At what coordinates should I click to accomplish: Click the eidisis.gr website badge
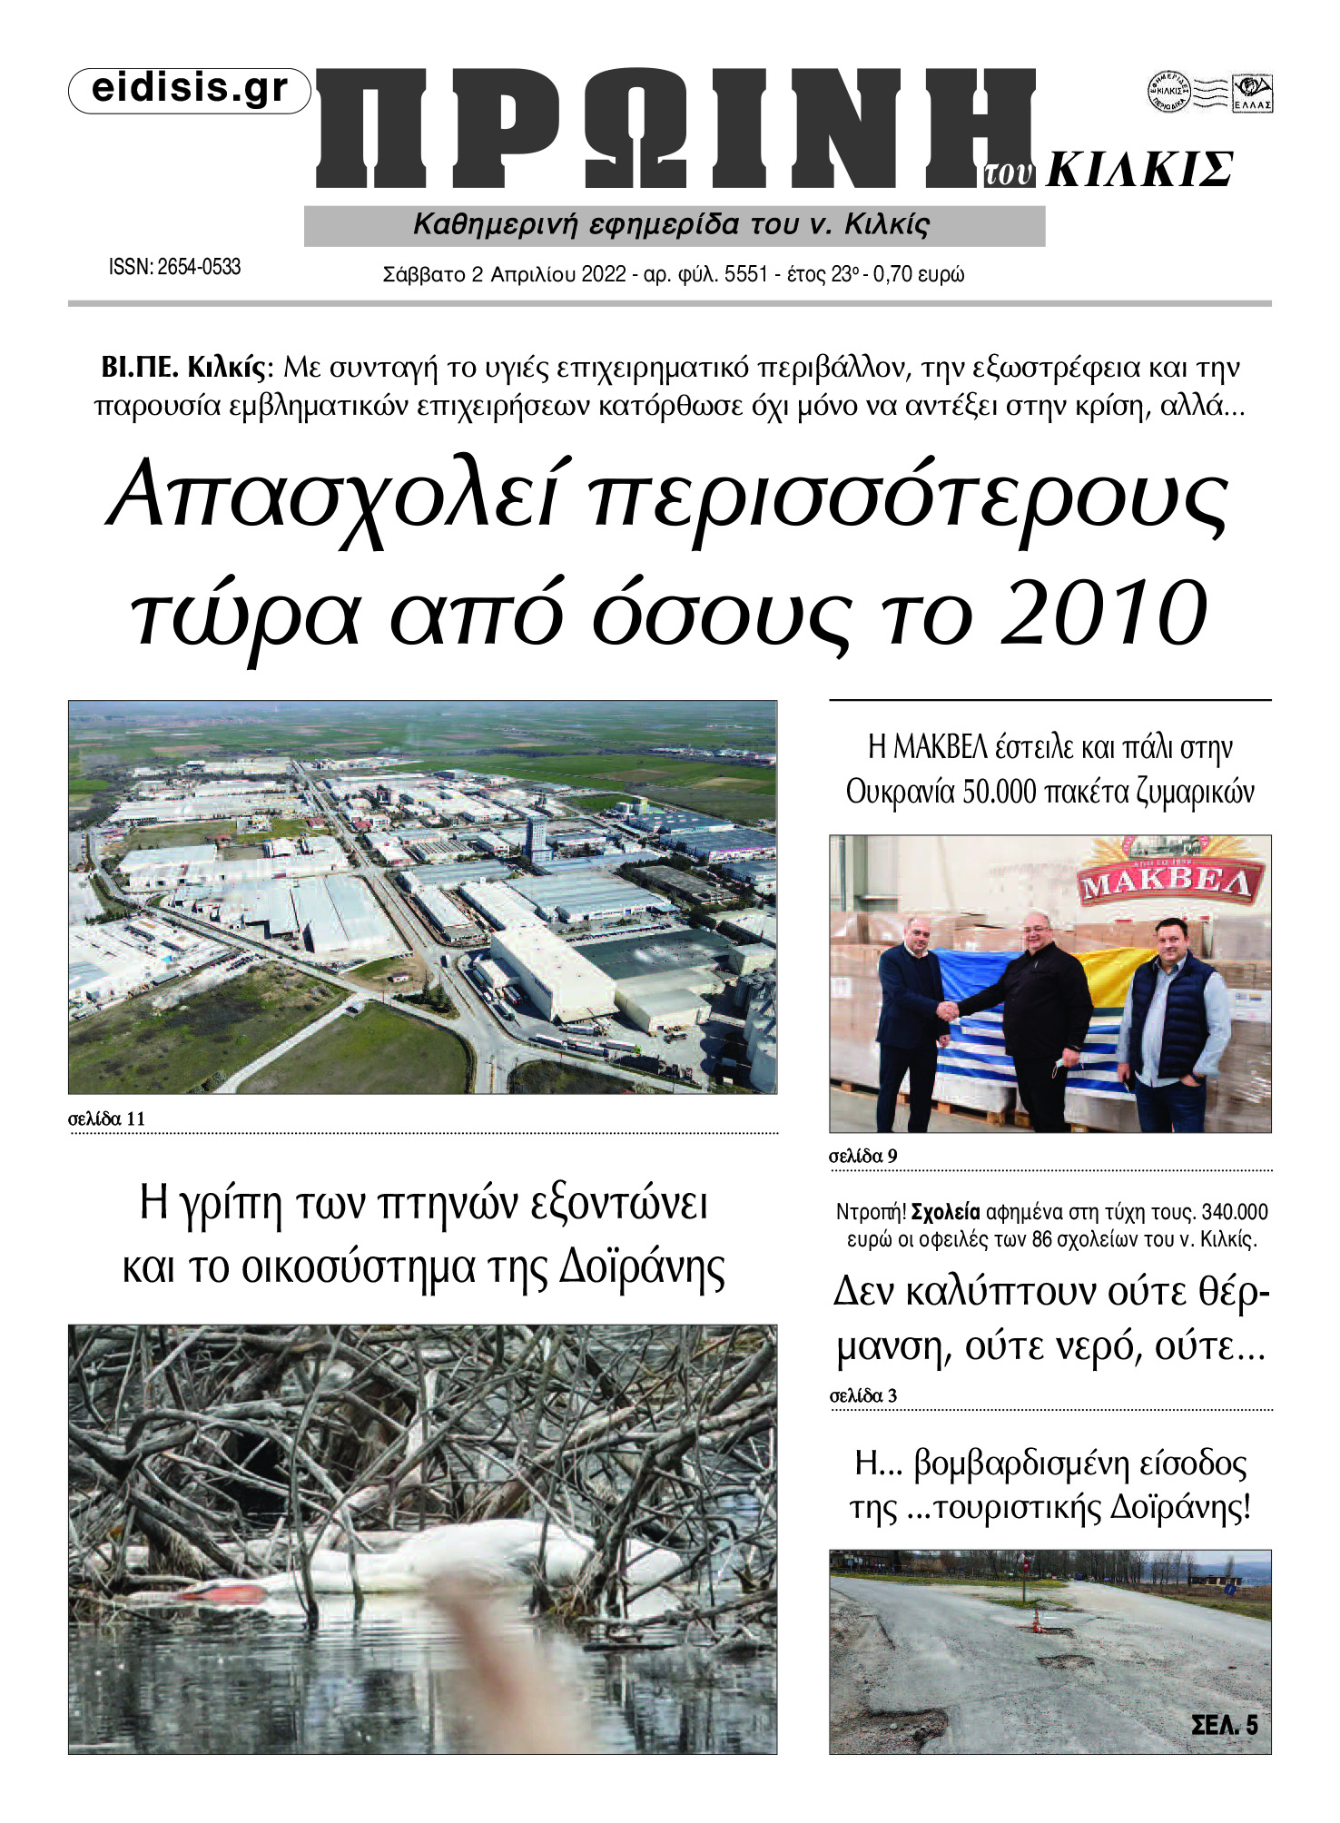pos(190,90)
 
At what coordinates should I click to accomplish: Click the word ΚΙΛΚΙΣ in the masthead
pos(1139,170)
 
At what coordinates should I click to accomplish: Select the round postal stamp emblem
pos(1168,92)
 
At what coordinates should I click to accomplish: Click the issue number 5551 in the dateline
pos(746,274)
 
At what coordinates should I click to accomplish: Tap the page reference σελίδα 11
pos(106,1118)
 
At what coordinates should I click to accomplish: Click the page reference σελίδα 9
pos(862,1156)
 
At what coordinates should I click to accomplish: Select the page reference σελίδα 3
pos(862,1395)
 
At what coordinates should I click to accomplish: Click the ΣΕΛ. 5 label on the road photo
pos(1224,1724)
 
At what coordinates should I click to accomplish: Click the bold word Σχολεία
pos(945,1212)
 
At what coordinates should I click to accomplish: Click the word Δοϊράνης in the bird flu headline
pos(641,1266)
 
